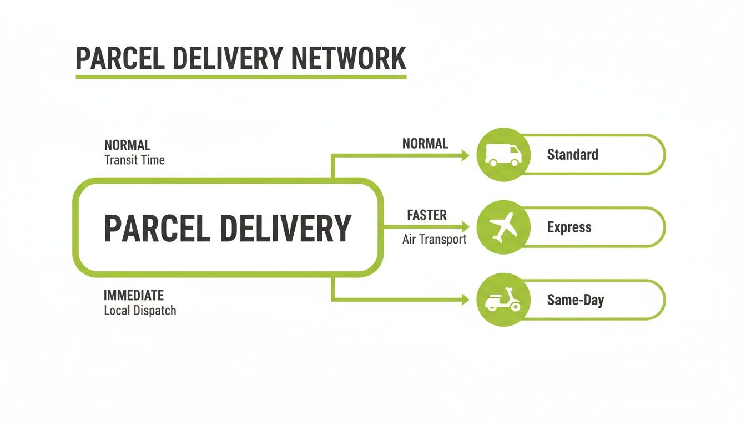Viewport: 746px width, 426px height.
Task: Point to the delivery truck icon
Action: (503, 155)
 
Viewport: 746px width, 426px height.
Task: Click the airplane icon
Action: (503, 227)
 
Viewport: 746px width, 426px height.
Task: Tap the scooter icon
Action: (503, 300)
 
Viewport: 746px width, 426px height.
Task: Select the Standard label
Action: (572, 154)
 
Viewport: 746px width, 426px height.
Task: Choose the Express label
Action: (569, 227)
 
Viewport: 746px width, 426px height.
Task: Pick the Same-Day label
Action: (575, 300)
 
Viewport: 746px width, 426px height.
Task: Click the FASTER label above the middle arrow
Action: (426, 215)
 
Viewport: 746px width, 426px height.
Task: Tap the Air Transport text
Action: (434, 240)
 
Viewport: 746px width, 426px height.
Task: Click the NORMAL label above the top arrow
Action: (425, 144)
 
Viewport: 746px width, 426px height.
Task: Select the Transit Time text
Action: (134, 160)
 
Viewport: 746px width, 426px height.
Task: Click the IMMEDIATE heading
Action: (134, 295)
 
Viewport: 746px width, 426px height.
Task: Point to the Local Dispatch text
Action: (140, 310)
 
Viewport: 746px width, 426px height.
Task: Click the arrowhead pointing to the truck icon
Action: (465, 155)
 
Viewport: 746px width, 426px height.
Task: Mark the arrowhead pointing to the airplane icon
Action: (465, 227)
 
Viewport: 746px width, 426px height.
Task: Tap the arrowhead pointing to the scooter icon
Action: (465, 300)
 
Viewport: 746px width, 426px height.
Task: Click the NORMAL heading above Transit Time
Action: (127, 145)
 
